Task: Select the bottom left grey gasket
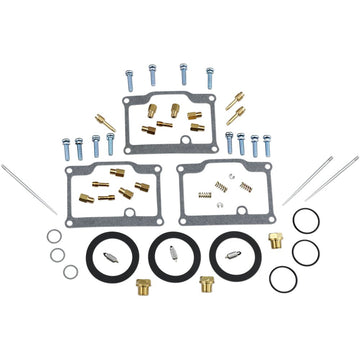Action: click(69, 189)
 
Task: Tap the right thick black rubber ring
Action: click(229, 256)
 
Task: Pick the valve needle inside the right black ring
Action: click(229, 256)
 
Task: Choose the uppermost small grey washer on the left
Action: click(53, 238)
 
